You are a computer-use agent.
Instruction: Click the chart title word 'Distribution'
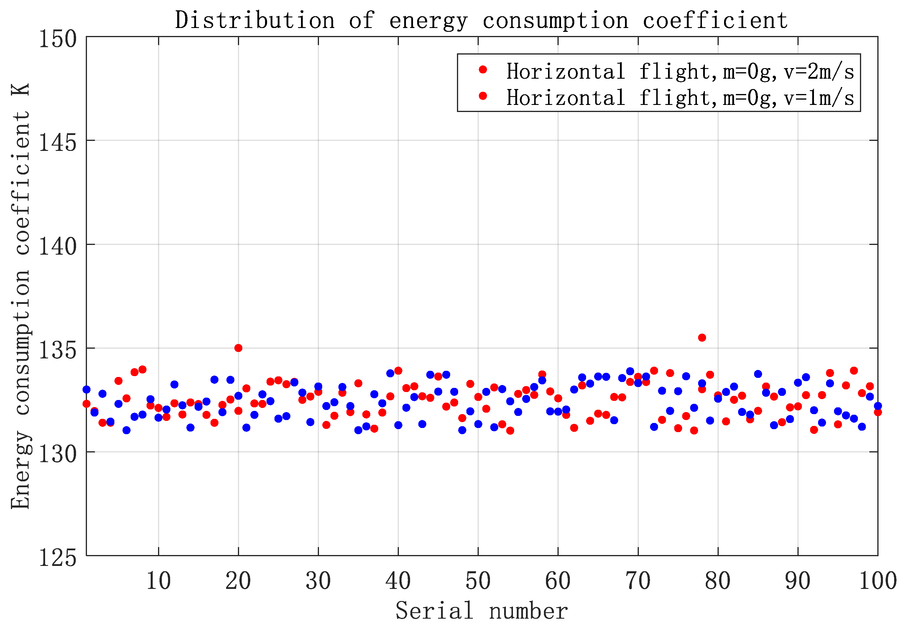255,21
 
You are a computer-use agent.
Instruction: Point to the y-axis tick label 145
57,143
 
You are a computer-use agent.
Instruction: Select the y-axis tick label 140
57,247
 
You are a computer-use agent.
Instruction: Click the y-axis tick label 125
57,558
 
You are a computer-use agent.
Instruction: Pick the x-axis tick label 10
158,581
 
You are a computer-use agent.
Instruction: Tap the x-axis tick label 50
478,581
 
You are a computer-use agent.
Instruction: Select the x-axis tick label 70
638,581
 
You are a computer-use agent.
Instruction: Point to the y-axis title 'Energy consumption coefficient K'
21,296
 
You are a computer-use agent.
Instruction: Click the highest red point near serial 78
702,338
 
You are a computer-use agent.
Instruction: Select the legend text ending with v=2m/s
680,72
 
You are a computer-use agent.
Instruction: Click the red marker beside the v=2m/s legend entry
483,70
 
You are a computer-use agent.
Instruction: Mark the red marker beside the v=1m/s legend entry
483,96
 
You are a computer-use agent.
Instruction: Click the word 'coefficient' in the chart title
715,21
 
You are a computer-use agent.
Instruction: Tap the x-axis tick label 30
318,581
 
